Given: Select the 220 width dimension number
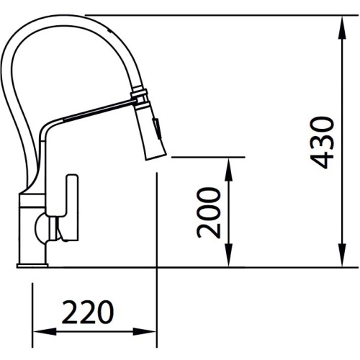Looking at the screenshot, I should coord(87,312).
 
